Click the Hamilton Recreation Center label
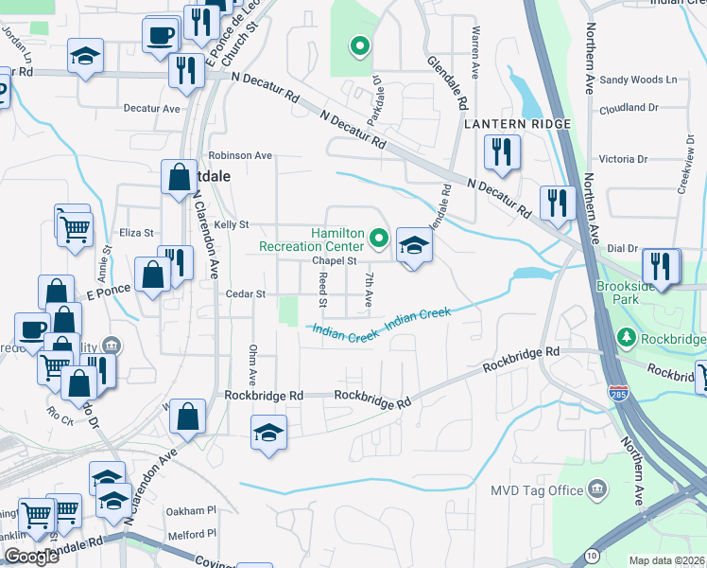tap(312, 240)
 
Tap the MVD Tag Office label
tap(537, 490)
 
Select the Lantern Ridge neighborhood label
tap(517, 124)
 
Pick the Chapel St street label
tap(335, 260)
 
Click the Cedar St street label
tap(246, 294)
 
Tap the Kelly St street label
tap(231, 225)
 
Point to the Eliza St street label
tap(136, 232)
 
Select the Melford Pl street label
tap(192, 535)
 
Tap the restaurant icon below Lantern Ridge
tap(501, 151)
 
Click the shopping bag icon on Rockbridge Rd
tap(190, 417)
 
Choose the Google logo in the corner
tap(30, 557)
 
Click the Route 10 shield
tap(592, 554)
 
